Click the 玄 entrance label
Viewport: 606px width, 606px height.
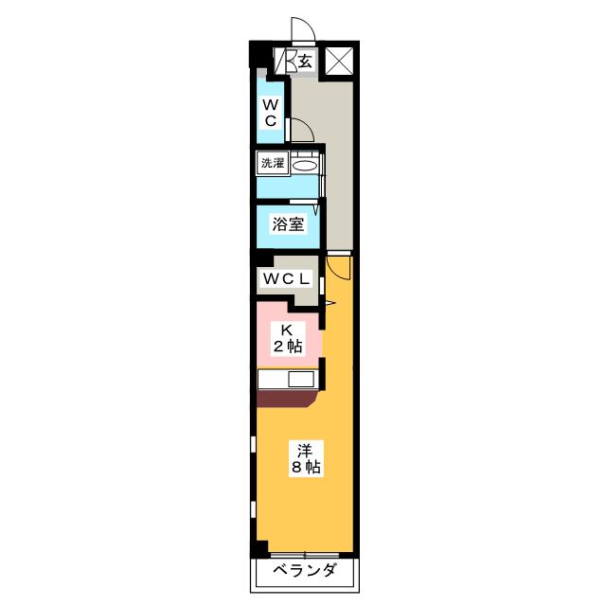pos(305,62)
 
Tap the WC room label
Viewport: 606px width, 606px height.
pos(271,113)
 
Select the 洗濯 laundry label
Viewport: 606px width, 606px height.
pos(273,163)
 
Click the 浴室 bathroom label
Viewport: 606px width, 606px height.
pos(288,224)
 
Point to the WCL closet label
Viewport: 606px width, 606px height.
pos(286,278)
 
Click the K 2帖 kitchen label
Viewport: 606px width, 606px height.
pos(288,339)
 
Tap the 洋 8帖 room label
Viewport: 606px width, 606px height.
pos(306,458)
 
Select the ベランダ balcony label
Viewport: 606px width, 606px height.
pos(305,570)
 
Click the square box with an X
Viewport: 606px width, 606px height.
pos(339,61)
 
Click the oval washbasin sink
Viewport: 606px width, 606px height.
pos(305,167)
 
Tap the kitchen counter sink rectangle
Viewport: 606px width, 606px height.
pos(301,379)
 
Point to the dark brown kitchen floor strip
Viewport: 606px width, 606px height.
pos(287,398)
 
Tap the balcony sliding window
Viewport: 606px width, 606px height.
pos(305,555)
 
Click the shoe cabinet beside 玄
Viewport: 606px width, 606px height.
pos(286,61)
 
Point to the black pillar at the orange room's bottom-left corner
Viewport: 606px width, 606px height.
pos(259,549)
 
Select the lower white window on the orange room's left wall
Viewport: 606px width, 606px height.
pos(253,509)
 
